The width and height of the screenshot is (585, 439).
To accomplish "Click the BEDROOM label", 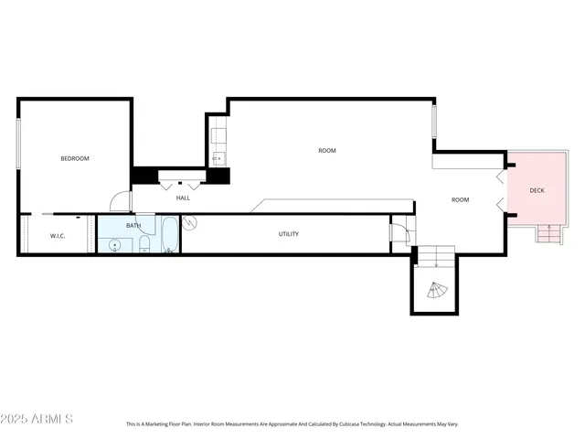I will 75,159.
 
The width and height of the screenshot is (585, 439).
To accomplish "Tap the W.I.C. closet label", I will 58,236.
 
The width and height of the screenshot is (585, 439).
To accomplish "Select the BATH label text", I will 133,226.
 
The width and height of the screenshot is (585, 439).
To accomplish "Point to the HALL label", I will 183,198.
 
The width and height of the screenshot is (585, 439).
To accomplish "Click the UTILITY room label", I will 289,234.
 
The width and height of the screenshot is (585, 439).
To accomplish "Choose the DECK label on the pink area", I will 537,190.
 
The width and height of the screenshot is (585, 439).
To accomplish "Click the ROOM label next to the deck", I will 460,199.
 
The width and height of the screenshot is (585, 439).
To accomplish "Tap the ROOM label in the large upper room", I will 326,151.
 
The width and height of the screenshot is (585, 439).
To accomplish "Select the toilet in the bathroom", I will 144,243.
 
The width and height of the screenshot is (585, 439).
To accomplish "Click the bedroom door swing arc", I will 118,201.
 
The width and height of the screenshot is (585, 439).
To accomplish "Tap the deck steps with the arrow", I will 548,234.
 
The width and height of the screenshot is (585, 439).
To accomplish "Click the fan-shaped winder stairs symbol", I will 436,292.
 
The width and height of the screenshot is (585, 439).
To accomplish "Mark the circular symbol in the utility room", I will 190,222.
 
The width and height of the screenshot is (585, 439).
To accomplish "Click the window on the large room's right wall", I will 434,121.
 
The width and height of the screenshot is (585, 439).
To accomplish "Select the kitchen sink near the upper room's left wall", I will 218,157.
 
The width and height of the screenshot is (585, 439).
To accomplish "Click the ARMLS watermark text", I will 37,419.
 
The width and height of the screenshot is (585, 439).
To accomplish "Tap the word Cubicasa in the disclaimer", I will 356,424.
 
